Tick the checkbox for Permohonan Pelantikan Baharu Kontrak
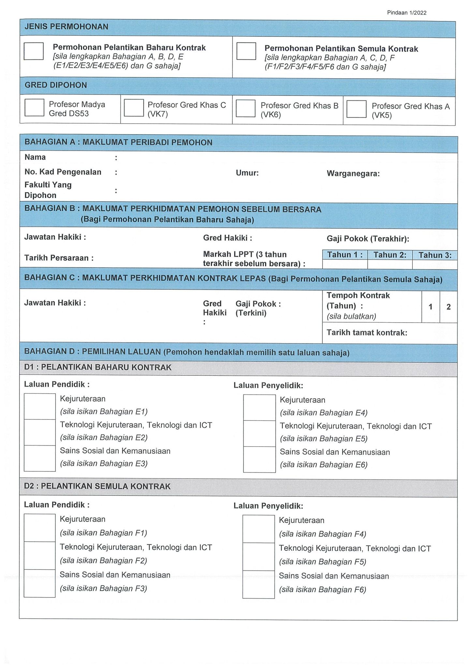point(34,51)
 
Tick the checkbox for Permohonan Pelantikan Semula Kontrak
point(246,51)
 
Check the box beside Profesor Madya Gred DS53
point(34,108)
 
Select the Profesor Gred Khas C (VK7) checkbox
point(134,108)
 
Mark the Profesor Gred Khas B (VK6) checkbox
point(245,108)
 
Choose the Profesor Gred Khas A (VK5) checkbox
point(356,109)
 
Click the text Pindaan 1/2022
point(406,13)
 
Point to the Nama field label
point(35,157)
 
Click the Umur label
point(247,173)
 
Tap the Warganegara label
point(353,174)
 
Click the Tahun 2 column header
point(390,255)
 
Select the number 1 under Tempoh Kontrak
point(431,307)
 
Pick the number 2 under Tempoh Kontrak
point(449,307)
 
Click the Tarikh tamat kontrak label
point(367,333)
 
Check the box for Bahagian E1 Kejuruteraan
point(40,406)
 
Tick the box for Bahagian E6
point(259,459)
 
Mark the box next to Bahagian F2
point(39,555)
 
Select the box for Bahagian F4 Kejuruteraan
point(259,529)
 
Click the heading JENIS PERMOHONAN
point(66,27)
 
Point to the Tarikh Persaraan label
point(59,258)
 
